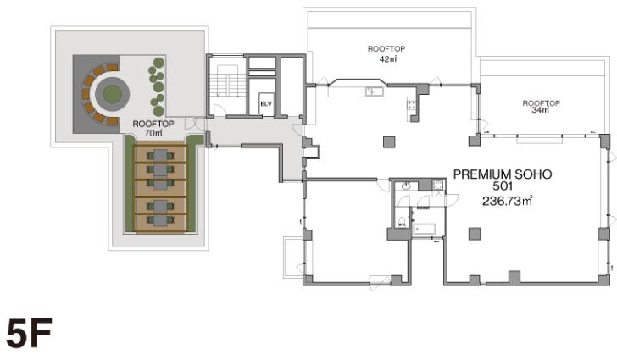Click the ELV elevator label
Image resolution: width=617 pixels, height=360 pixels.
coord(266,104)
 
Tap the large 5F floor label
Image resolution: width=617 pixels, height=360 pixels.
coord(30,333)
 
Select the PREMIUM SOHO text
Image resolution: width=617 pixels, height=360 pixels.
coord(503,174)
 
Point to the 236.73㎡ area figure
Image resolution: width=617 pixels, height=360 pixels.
coord(507,201)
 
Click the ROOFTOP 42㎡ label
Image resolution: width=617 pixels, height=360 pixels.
coord(386,54)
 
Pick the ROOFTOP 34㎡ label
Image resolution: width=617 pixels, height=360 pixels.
coord(541,107)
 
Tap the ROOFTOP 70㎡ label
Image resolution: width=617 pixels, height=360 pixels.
coord(153,128)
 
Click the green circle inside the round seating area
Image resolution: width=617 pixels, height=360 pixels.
coord(112,94)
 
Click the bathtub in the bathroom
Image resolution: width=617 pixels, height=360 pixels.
coord(424,229)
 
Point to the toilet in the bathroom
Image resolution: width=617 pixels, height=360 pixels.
coord(402,222)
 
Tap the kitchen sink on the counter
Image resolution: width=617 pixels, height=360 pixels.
coord(375,91)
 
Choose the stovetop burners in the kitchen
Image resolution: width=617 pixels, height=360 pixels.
coord(412,105)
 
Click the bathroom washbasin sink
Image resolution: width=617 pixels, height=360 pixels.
coord(407,186)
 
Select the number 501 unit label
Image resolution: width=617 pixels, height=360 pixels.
coord(503,186)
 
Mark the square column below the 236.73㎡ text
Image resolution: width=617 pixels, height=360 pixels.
coord(475,234)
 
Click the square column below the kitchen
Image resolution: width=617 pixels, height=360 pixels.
coord(389,141)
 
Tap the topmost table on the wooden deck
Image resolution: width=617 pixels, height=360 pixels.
coord(160,156)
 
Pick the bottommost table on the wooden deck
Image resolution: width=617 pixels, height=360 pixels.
coord(160,220)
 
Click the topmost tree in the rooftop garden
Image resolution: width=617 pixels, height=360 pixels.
coord(158,63)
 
